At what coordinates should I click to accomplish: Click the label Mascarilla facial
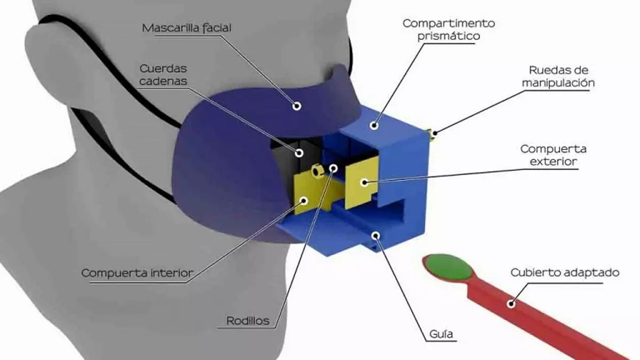pyautogui.click(x=187, y=28)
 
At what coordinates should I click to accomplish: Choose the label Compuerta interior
pyautogui.click(x=137, y=273)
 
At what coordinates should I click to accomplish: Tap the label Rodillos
pyautogui.click(x=247, y=321)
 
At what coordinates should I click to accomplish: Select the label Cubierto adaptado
pyautogui.click(x=565, y=273)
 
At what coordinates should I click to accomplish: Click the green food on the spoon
pyautogui.click(x=449, y=265)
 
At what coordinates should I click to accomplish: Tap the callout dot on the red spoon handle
pyautogui.click(x=511, y=304)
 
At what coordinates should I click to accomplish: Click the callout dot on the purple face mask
pyautogui.click(x=297, y=106)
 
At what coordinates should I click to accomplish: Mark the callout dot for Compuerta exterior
pyautogui.click(x=364, y=182)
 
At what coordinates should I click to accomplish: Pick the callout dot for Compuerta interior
pyautogui.click(x=304, y=201)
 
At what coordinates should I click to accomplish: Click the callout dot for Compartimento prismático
pyautogui.click(x=374, y=126)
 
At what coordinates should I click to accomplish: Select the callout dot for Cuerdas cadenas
pyautogui.click(x=299, y=153)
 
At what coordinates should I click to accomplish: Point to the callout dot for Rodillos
pyautogui.click(x=333, y=168)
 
